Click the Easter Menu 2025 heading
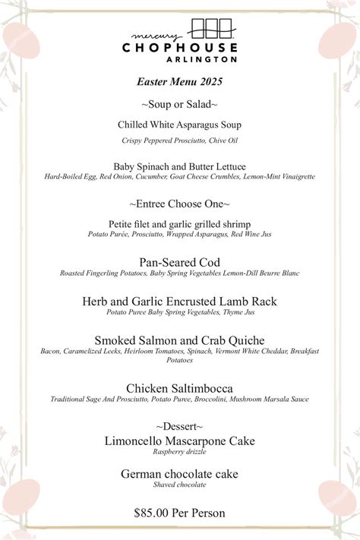coord(179,81)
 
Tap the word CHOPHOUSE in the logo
coord(179,47)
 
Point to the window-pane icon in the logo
coord(211,29)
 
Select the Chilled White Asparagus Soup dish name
coord(179,124)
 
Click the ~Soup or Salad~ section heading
coord(179,103)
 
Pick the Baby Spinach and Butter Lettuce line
coord(179,166)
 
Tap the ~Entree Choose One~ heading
coord(179,204)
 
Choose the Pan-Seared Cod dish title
coord(179,262)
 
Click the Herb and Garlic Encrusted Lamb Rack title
coord(179,302)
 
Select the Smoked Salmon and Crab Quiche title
coord(179,340)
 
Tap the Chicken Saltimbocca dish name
coord(179,388)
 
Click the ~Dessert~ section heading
coord(179,426)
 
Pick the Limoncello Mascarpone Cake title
coord(179,441)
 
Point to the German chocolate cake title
coord(179,474)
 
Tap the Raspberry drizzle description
coord(179,452)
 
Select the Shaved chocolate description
coord(179,485)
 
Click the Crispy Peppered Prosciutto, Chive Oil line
coord(179,141)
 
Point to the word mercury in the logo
coord(156,36)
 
